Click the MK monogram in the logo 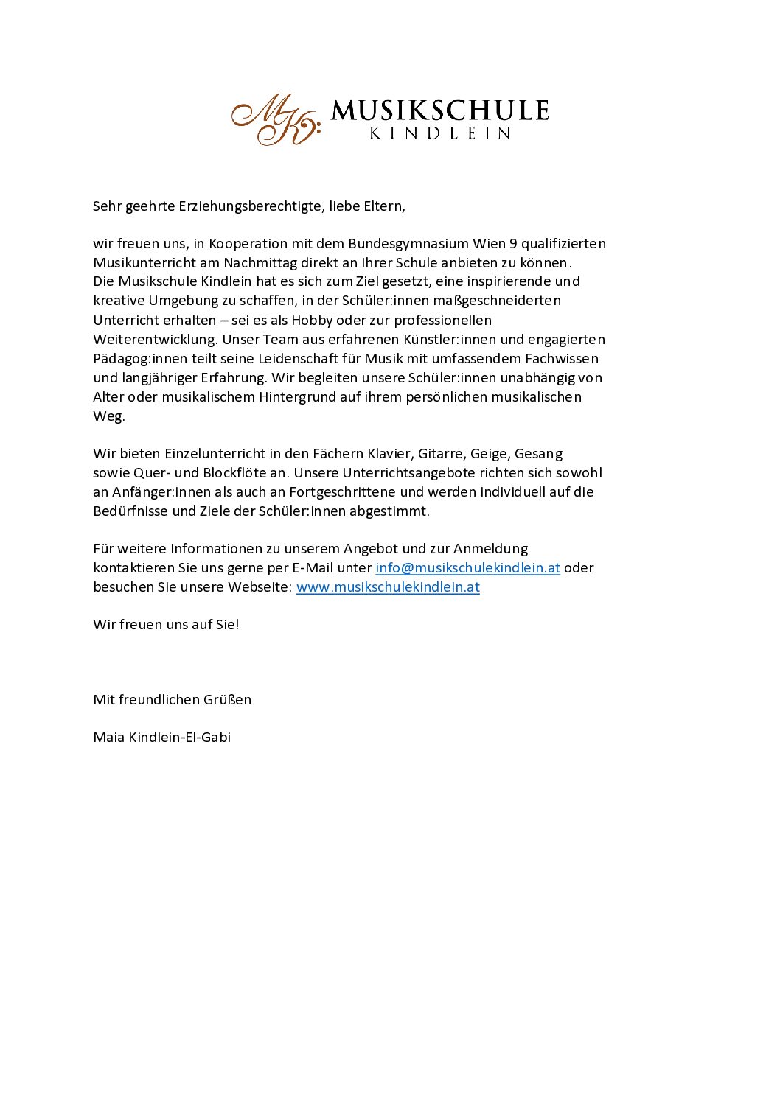click(x=275, y=119)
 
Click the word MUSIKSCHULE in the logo click(x=440, y=111)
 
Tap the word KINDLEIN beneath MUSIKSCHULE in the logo click(x=440, y=133)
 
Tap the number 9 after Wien click(x=513, y=244)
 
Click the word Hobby click(x=312, y=321)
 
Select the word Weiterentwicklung click(x=155, y=340)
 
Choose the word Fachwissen click(x=562, y=359)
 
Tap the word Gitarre click(x=440, y=454)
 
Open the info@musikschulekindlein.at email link click(x=467, y=568)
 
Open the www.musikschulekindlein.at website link click(x=388, y=587)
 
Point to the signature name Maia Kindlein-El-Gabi click(x=162, y=738)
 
